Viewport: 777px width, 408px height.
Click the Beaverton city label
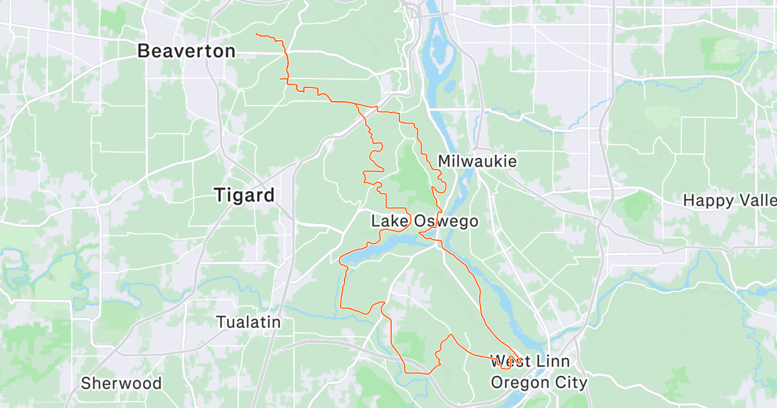point(186,51)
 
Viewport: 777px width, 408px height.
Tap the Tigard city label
point(244,195)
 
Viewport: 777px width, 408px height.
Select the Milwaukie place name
point(477,161)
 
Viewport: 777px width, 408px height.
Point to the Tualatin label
point(248,322)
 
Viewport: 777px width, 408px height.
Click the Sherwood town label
point(121,383)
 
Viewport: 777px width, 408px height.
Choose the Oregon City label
point(539,382)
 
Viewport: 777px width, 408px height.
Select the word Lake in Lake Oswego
point(389,221)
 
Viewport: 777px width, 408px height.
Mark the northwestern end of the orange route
point(257,34)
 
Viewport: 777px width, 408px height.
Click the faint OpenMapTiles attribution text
point(52,403)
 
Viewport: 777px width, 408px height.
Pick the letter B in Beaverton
point(144,51)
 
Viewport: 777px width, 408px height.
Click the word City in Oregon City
point(570,382)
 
